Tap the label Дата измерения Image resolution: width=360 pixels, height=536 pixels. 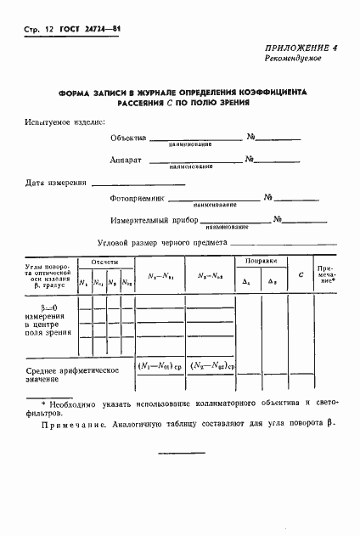pyautogui.click(x=56, y=182)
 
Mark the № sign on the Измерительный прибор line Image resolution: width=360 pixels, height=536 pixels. pyautogui.click(x=277, y=220)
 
